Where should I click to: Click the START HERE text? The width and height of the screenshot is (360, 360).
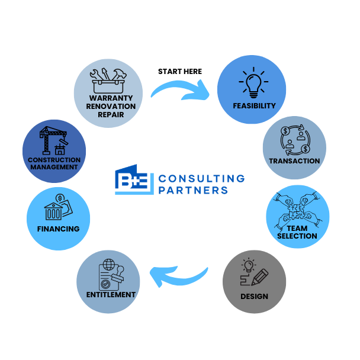click(x=179, y=72)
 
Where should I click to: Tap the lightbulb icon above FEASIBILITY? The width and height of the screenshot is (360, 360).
click(x=253, y=84)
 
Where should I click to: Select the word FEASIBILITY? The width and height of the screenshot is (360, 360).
click(x=254, y=106)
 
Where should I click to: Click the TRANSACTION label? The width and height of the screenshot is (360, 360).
click(x=294, y=160)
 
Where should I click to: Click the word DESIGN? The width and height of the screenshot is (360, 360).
click(x=254, y=296)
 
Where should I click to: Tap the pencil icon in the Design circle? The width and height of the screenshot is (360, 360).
click(x=258, y=277)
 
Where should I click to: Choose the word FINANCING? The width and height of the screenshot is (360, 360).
click(x=58, y=229)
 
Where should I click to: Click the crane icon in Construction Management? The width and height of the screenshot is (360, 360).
click(x=53, y=141)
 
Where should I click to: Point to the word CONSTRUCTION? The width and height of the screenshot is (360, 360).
click(x=54, y=160)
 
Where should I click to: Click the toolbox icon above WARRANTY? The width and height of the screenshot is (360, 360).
click(x=107, y=78)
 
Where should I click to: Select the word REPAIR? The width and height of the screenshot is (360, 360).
click(x=108, y=115)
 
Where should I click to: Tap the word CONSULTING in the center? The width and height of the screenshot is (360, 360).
click(x=202, y=178)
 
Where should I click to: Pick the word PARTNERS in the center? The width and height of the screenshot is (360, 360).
click(x=194, y=190)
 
